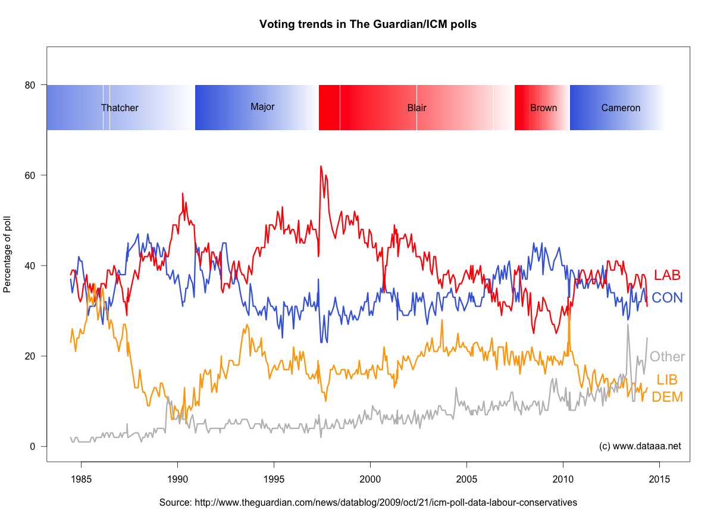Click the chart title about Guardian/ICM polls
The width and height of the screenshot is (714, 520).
368,24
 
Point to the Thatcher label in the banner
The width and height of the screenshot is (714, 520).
120,108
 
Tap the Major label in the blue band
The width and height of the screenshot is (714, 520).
262,107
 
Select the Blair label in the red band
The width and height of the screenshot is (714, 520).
416,108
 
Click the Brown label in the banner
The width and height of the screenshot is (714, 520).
543,108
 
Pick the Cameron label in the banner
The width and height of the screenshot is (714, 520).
621,108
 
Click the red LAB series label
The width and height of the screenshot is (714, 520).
667,275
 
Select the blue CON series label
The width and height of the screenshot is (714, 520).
667,298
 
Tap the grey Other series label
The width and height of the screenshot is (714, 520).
667,357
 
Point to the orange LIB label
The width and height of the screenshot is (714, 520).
667,380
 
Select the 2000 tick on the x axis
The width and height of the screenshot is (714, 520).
370,478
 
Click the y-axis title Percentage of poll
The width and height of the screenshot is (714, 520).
8,254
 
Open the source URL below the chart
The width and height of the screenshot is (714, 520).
368,502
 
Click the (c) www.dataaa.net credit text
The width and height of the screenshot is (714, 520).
640,446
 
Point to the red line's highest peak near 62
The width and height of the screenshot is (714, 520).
321,166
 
